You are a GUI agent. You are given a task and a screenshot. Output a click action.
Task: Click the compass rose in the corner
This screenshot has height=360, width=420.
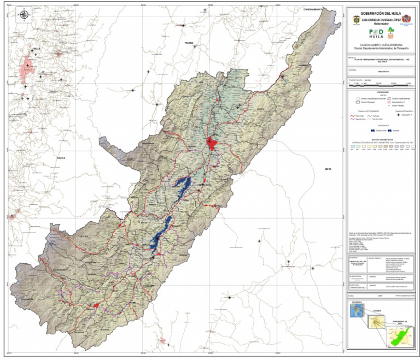24,15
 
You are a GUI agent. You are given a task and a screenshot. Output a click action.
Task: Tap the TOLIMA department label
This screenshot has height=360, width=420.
189,43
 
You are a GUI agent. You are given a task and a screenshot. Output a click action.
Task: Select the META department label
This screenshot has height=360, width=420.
328,169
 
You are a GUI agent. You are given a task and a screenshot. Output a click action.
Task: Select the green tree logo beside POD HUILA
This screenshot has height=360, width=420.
390,32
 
